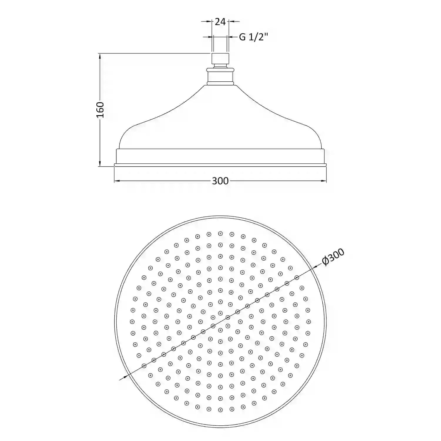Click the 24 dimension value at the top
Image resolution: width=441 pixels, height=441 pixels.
pos(220,21)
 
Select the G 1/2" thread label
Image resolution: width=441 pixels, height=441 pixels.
pos(254,37)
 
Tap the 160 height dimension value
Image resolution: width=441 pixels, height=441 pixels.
pos(100,110)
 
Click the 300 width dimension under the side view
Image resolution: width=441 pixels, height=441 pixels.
pos(220,181)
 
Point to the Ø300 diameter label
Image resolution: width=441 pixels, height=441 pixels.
pos(333,257)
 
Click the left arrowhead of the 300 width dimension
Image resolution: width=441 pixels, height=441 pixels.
pos(117,181)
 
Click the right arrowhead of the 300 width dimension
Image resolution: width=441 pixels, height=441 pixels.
pos(323,181)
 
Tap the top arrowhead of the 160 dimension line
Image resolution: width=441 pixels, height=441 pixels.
pos(100,57)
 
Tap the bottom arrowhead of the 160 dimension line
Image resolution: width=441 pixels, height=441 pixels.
pos(100,163)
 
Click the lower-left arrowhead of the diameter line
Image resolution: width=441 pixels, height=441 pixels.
pos(125,376)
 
